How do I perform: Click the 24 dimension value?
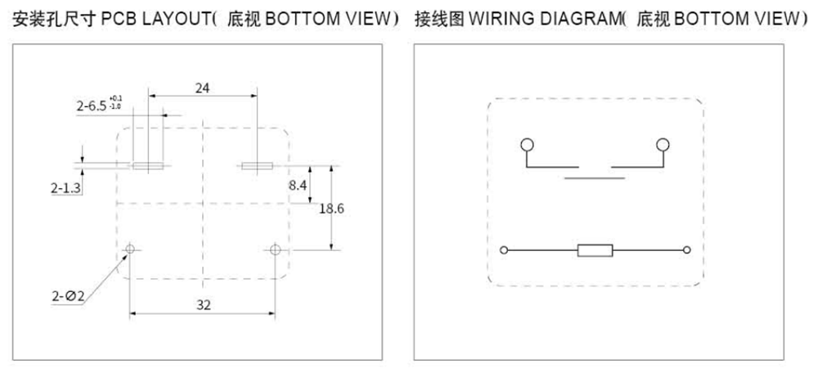point(202,87)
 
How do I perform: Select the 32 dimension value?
point(203,304)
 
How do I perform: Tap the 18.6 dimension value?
point(330,209)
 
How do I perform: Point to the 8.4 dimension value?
point(298,186)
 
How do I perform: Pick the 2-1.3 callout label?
point(65,188)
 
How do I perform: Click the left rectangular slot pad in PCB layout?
point(148,167)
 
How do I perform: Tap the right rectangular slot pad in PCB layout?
point(257,167)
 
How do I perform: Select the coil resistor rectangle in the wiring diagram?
point(596,250)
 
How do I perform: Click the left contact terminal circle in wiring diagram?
point(528,146)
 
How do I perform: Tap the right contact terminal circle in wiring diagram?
point(663,146)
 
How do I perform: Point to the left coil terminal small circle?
point(504,250)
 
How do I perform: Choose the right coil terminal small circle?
point(687,250)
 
